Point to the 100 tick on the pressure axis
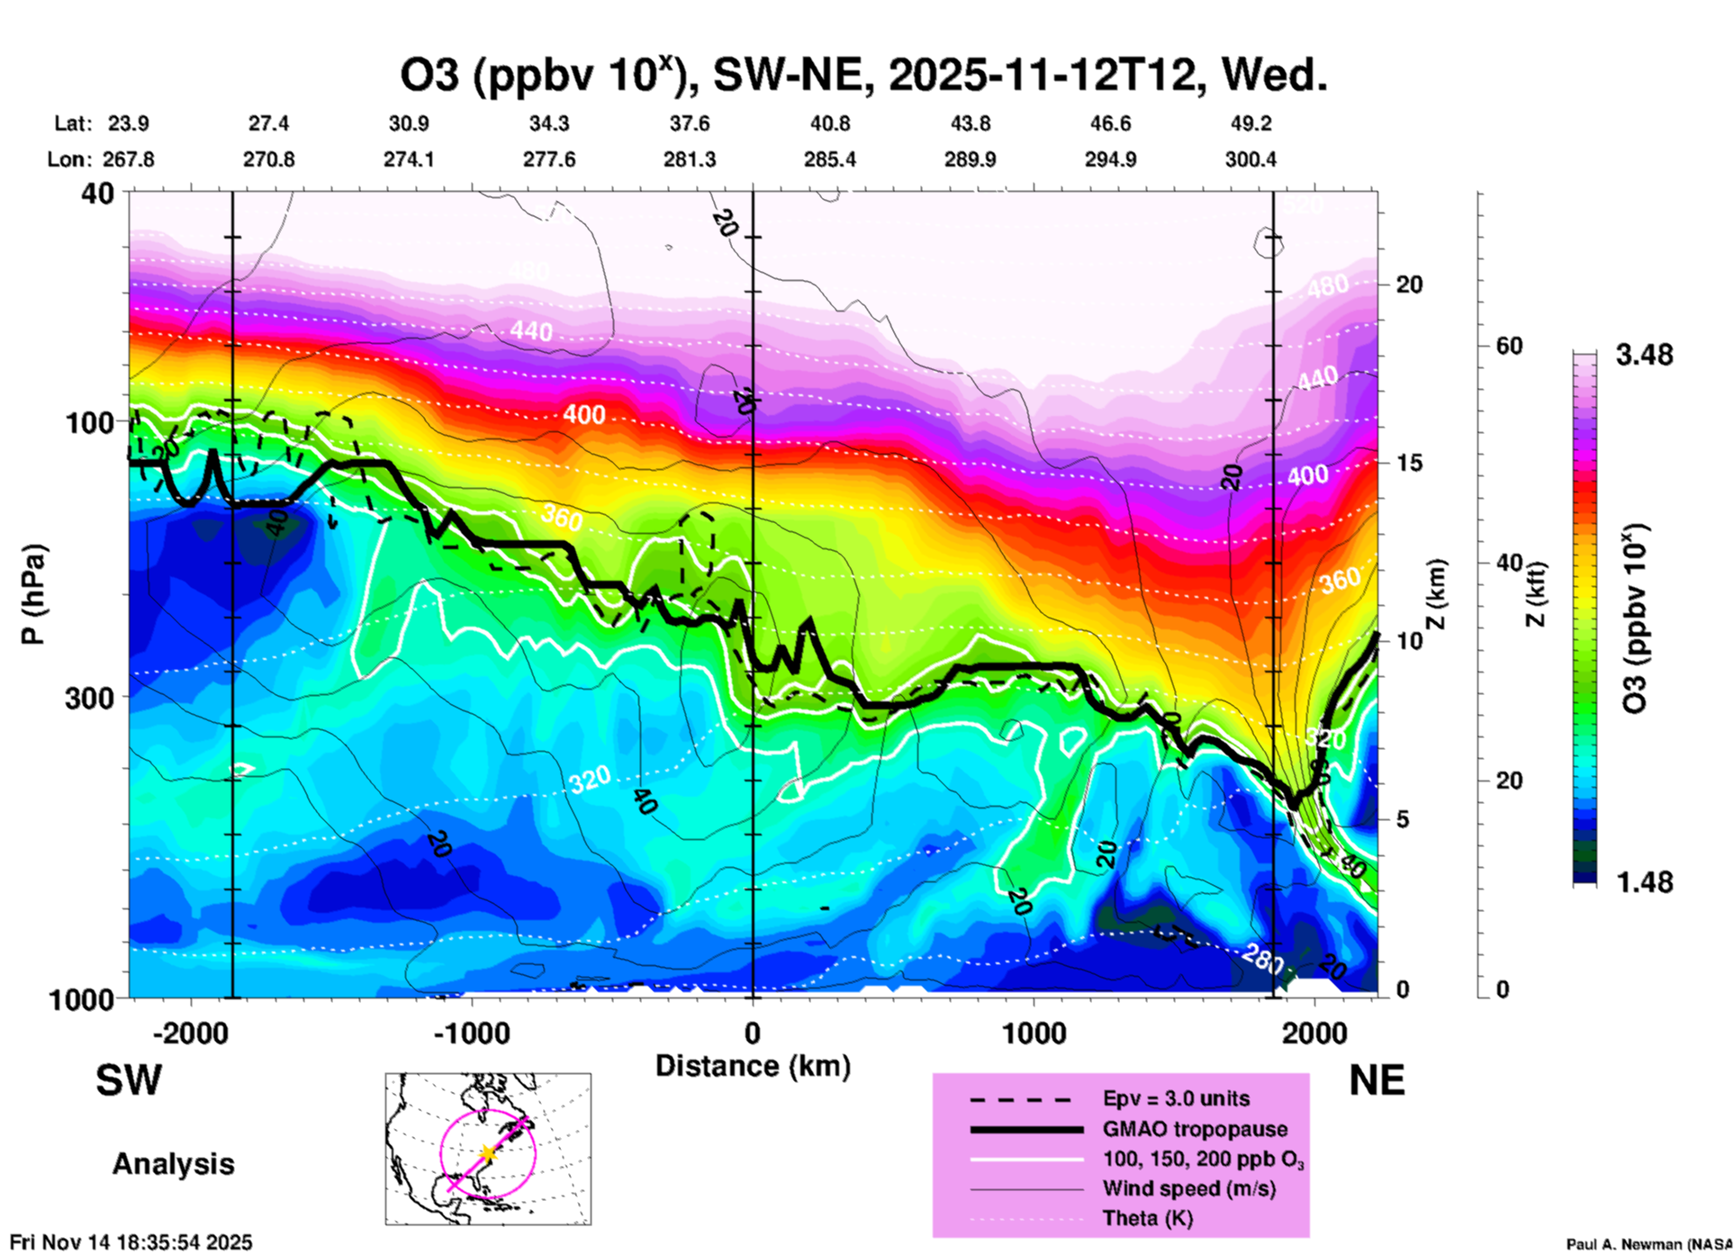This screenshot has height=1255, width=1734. [x=89, y=421]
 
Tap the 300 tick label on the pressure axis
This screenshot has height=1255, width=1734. [x=89, y=698]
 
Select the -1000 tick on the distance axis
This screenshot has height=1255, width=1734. [x=472, y=1033]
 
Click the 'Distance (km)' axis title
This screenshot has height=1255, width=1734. [x=753, y=1066]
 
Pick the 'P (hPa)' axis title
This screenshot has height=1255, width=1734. [x=33, y=594]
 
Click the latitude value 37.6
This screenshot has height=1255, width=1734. [x=689, y=123]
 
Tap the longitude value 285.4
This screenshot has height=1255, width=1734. [x=829, y=159]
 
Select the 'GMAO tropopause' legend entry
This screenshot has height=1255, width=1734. [x=1195, y=1129]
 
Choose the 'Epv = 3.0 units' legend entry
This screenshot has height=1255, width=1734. [x=1176, y=1098]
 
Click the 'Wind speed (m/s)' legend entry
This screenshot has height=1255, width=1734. [x=1188, y=1188]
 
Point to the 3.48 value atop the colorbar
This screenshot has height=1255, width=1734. [x=1644, y=355]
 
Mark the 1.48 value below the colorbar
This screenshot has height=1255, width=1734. [x=1644, y=881]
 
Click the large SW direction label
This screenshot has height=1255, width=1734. [x=129, y=1080]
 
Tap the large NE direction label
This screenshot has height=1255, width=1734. [x=1377, y=1080]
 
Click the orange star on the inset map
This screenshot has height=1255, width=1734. [x=487, y=1153]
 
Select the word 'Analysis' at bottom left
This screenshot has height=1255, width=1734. [x=173, y=1164]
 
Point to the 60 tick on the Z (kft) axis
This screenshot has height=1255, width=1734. [x=1509, y=346]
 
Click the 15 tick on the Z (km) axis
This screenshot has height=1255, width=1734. [x=1409, y=462]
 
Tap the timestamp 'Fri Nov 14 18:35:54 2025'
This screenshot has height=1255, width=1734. [x=131, y=1242]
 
